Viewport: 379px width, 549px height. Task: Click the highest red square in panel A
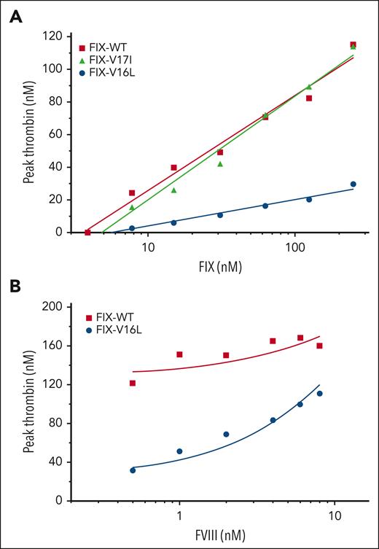353,45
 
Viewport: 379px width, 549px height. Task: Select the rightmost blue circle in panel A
353,184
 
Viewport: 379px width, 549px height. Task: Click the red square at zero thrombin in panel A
88,232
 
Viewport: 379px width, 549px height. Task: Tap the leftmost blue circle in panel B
133,470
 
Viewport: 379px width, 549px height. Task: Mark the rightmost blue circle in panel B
319,394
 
